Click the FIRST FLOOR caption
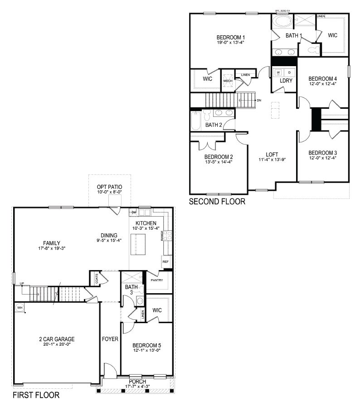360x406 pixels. [35, 395]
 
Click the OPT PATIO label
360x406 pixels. [109, 187]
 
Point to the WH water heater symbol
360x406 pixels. [19, 308]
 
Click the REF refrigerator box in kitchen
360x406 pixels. [165, 262]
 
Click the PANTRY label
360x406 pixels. [157, 280]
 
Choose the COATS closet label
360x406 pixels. [97, 279]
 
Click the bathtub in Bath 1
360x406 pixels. [282, 22]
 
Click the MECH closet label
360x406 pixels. [228, 81]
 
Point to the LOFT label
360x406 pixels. [272, 154]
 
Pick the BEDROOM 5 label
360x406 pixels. [147, 346]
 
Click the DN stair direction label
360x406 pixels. [258, 100]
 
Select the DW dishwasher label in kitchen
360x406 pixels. [134, 212]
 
